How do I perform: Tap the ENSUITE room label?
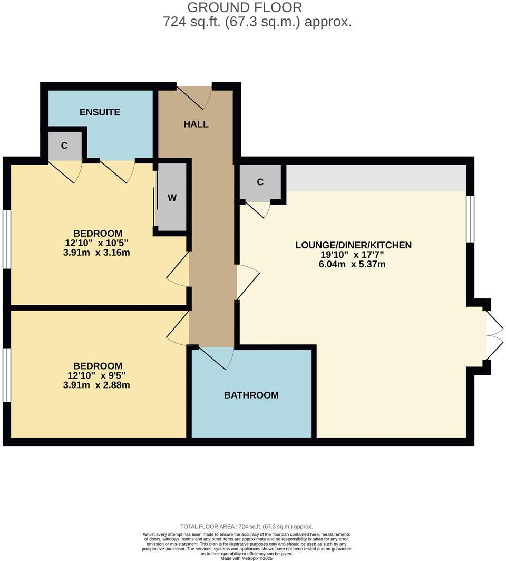(x=100, y=112)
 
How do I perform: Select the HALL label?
(x=196, y=124)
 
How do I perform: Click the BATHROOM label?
(x=251, y=395)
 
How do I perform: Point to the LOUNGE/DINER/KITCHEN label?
(x=353, y=245)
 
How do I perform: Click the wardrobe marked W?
(x=172, y=198)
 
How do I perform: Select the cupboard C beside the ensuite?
(x=64, y=146)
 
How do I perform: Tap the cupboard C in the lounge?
(x=260, y=182)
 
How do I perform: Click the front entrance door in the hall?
(x=194, y=95)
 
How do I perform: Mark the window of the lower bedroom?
(x=6, y=375)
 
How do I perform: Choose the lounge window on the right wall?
(x=471, y=218)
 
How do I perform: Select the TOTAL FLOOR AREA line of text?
(x=246, y=526)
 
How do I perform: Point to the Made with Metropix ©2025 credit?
(x=246, y=558)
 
